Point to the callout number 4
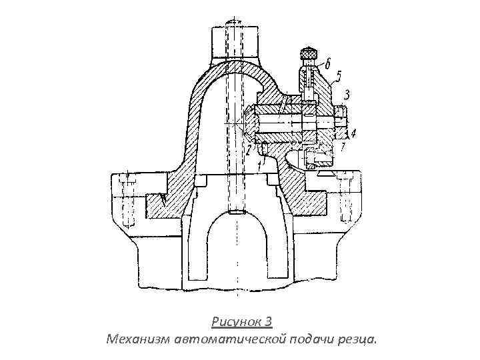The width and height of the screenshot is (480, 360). [354, 133]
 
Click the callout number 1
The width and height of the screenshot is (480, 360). [260, 160]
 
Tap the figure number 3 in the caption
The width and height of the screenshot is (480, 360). [267, 323]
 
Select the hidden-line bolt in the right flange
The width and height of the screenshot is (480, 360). [347, 200]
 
